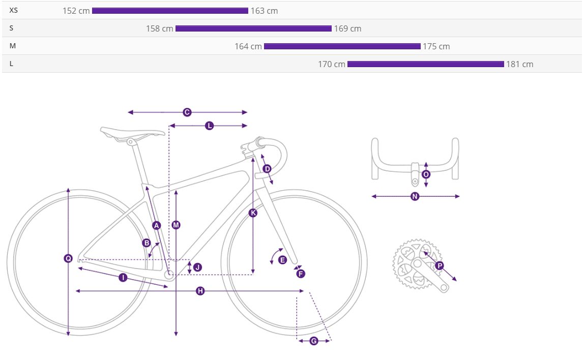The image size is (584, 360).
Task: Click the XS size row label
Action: point(13,10)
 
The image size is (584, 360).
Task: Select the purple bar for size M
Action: point(342,46)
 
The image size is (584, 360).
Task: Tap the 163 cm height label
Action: point(264,11)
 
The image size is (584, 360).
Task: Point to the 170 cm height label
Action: point(332,64)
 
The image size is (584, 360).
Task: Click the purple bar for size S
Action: point(253,28)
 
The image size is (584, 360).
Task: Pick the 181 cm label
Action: point(519,64)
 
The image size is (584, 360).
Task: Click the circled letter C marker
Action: point(187,112)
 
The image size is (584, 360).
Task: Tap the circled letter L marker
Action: point(209,126)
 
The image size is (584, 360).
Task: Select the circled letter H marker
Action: point(200,291)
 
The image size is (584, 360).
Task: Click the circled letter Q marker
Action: point(68,258)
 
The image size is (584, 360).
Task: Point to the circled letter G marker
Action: point(314,341)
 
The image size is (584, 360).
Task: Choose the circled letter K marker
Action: point(253,213)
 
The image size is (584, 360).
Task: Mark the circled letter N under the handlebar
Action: point(415,196)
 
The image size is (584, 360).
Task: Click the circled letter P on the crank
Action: point(440,266)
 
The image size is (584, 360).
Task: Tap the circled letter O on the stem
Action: point(426,174)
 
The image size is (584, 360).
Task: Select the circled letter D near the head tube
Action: point(267,169)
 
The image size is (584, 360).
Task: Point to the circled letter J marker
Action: point(197,267)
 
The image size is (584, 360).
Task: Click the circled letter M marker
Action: point(176,225)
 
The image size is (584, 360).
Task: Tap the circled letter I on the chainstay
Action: point(123,277)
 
